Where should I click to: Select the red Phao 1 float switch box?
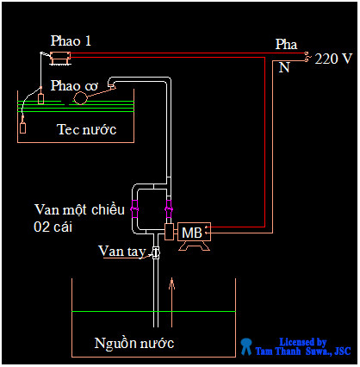click(x=60, y=57)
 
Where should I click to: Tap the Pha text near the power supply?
click(x=285, y=43)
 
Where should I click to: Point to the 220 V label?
click(x=333, y=59)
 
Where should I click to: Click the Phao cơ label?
click(x=74, y=85)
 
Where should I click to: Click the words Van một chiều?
click(x=80, y=209)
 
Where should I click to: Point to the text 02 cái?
click(x=56, y=226)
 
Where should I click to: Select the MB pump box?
click(x=190, y=233)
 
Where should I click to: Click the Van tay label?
click(x=121, y=251)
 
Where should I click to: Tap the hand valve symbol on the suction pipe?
click(x=156, y=252)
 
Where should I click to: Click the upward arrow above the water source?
click(x=173, y=283)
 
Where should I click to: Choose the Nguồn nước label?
click(x=134, y=344)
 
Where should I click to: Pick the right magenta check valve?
click(x=169, y=209)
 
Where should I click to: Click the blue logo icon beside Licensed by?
click(x=246, y=346)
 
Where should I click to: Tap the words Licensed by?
click(x=303, y=341)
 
